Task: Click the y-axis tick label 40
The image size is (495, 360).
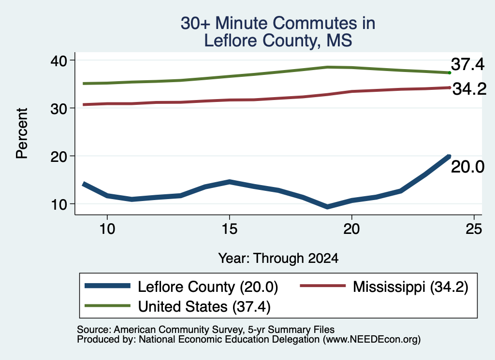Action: click(x=58, y=60)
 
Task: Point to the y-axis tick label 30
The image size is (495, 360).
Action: click(x=58, y=109)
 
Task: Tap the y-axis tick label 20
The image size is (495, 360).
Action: click(x=58, y=157)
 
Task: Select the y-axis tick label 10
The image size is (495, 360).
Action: click(x=59, y=205)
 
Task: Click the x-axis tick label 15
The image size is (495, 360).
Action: click(x=229, y=229)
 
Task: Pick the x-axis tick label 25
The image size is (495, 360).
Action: click(x=474, y=229)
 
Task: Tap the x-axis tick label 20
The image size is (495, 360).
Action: click(x=352, y=229)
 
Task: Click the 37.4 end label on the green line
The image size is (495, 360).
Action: click(x=467, y=64)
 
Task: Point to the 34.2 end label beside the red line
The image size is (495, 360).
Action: click(x=469, y=89)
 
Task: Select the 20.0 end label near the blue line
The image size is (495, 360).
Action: click(x=467, y=167)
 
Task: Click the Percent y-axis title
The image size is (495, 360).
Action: click(x=22, y=133)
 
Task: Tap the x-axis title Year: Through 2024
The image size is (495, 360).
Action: click(x=278, y=258)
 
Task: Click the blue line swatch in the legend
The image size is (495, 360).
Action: click(x=108, y=286)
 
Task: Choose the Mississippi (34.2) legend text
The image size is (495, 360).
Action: click(x=410, y=287)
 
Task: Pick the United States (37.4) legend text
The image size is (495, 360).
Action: click(x=204, y=307)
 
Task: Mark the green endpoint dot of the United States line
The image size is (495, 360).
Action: click(x=450, y=73)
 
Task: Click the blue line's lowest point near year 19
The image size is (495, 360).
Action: click(x=327, y=207)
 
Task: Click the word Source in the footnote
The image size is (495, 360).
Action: click(x=94, y=330)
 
